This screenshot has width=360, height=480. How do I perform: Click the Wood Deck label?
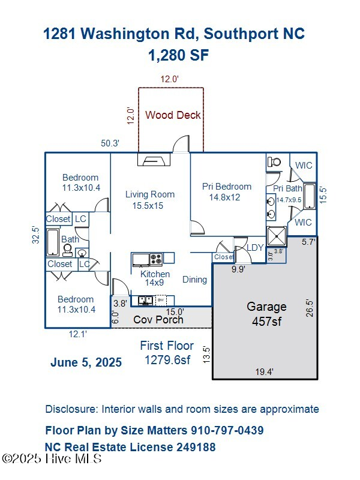pyautogui.click(x=173, y=115)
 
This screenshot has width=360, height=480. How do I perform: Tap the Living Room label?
pyautogui.click(x=150, y=200)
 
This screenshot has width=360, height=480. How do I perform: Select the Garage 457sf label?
pyautogui.click(x=266, y=314)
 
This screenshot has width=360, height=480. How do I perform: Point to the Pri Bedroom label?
pyautogui.click(x=227, y=191)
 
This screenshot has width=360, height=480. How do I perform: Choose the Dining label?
pyautogui.click(x=194, y=279)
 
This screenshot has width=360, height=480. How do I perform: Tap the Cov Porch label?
pyautogui.click(x=158, y=319)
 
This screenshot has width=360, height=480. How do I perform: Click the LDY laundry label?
pyautogui.click(x=256, y=247)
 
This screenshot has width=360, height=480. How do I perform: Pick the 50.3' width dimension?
pyautogui.click(x=110, y=143)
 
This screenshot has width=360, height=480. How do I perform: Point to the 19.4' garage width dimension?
pyautogui.click(x=264, y=372)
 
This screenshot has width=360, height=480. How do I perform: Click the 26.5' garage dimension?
pyautogui.click(x=310, y=308)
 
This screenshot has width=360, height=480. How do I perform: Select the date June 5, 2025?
pyautogui.click(x=86, y=362)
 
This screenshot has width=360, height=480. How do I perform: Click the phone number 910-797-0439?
pyautogui.click(x=227, y=430)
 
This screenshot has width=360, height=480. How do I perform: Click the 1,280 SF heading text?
pyautogui.click(x=178, y=55)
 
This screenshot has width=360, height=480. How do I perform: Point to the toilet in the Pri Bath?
pyautogui.click(x=275, y=161)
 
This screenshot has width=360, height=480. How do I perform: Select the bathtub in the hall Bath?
pyautogui.click(x=53, y=243)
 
